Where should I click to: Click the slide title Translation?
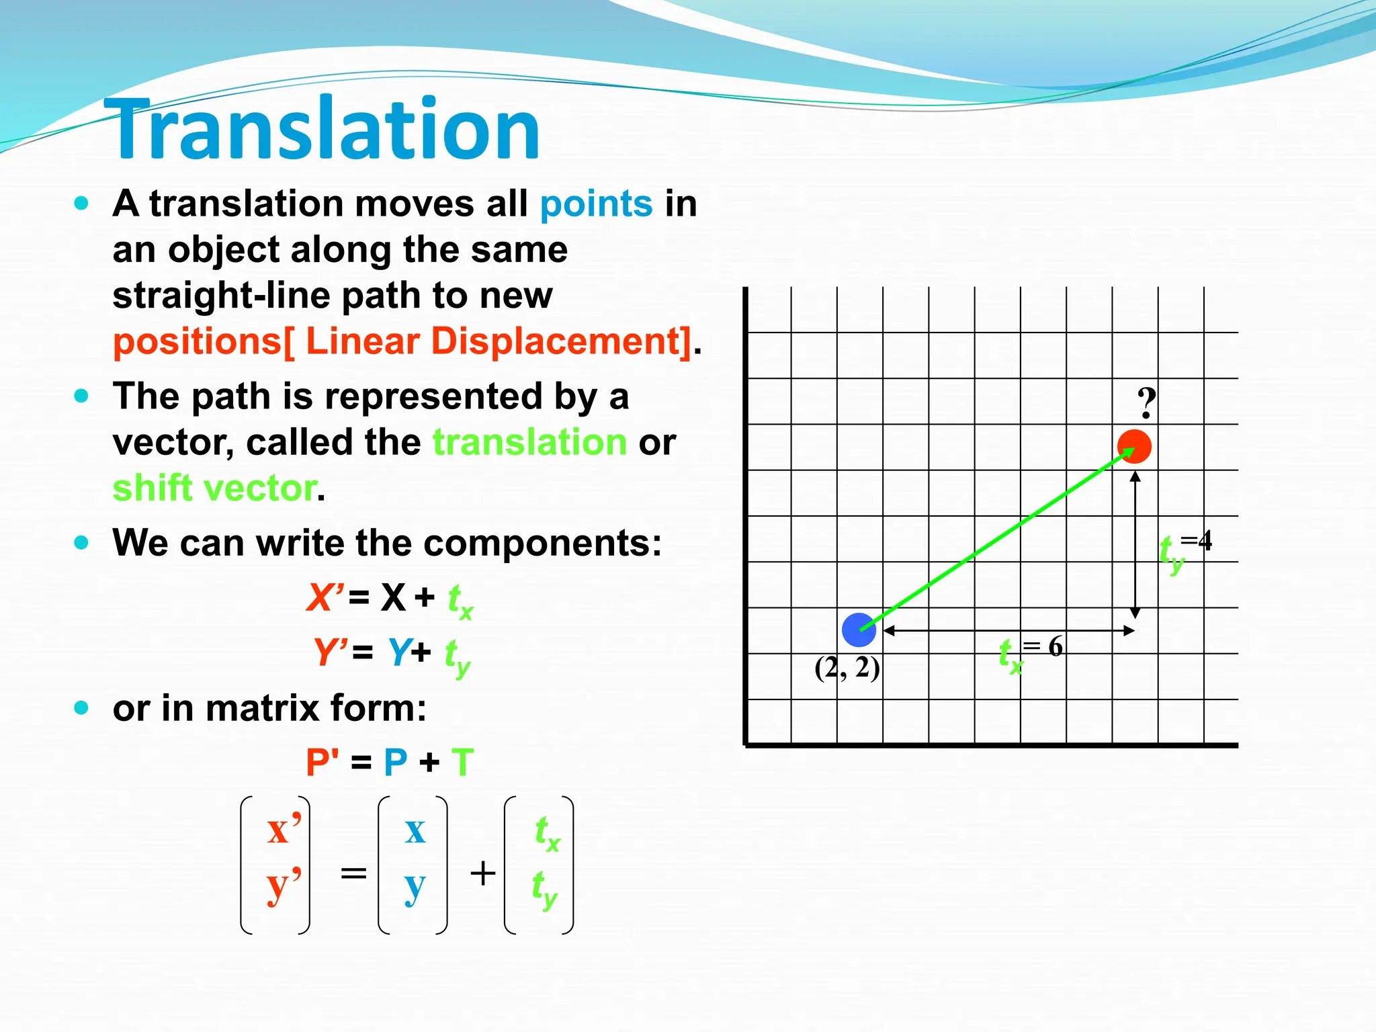(322, 129)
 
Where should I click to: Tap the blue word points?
(596, 204)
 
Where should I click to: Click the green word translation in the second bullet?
(529, 442)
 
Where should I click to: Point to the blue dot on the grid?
(859, 630)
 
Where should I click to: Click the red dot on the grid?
(1135, 447)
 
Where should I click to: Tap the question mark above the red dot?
(1146, 403)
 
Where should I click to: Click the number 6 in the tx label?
(1056, 646)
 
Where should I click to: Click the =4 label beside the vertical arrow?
(1196, 540)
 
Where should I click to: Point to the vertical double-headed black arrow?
(1135, 544)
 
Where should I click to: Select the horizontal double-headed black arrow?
(1008, 630)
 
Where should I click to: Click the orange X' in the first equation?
(325, 597)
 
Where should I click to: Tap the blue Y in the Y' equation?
(399, 651)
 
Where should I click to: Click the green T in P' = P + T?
(462, 763)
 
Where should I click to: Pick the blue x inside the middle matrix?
(415, 830)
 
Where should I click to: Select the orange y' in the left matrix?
(284, 886)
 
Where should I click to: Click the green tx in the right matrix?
(546, 833)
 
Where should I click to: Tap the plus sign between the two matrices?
(482, 873)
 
